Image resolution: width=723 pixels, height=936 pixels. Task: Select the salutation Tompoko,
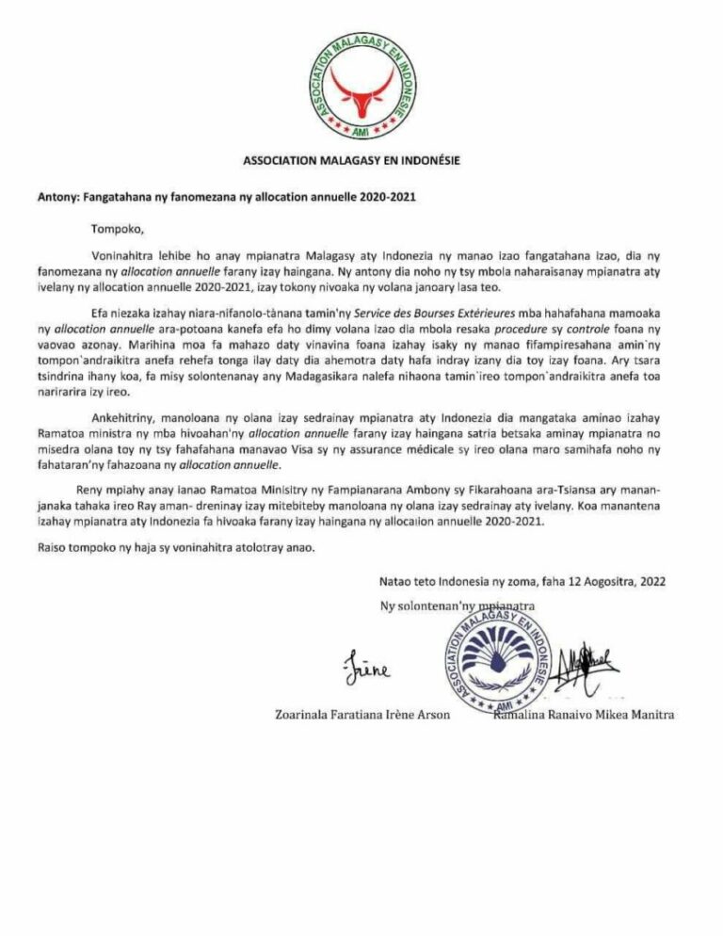pos(117,228)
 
